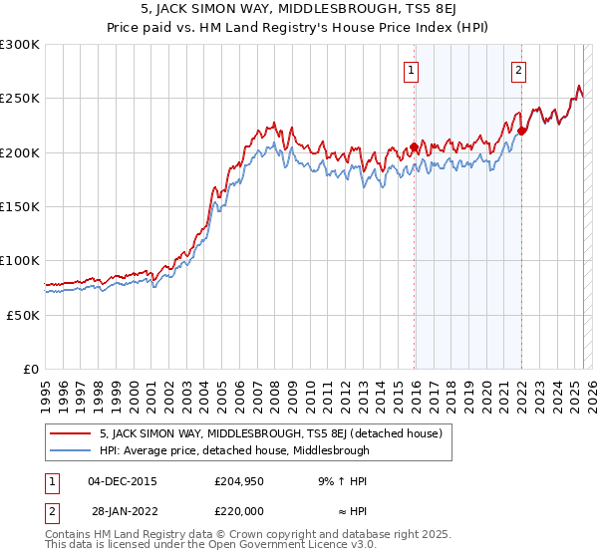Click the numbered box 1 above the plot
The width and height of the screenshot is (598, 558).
point(413,71)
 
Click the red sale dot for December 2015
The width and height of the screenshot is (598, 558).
point(414,147)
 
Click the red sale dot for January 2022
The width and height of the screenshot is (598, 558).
point(521,131)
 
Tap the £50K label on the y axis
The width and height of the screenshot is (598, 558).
point(23,315)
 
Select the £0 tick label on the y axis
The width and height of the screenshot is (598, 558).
point(31,369)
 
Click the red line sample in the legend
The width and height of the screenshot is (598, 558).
point(70,433)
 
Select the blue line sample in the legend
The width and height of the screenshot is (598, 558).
point(70,450)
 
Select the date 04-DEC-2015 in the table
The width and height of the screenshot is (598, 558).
point(123,480)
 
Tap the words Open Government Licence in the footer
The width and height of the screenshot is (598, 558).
point(258,547)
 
